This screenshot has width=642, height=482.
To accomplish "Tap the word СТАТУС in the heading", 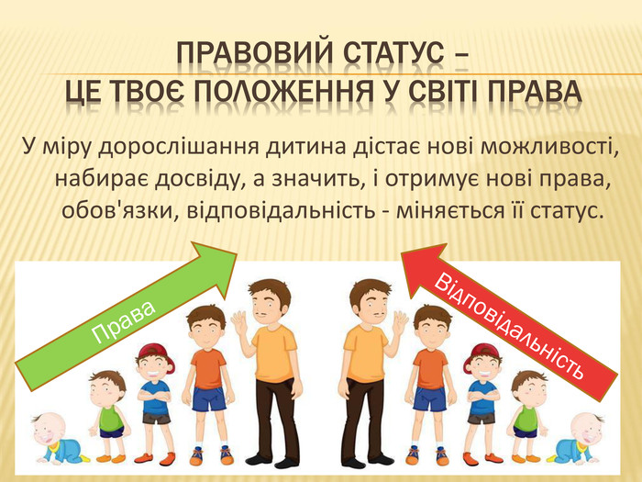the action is [393, 54].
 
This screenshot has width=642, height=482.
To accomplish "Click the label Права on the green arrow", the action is [124, 321].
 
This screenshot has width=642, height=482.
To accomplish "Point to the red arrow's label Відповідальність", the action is [508, 328].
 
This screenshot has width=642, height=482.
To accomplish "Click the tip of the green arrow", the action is [237, 254].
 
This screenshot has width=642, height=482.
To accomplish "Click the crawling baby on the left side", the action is [58, 438].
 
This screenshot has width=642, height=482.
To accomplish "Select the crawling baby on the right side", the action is [576, 438].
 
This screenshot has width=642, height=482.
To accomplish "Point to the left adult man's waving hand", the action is [239, 322].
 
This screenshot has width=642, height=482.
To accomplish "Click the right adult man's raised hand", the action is [399, 322].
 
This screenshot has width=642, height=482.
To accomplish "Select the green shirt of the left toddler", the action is [111, 417].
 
